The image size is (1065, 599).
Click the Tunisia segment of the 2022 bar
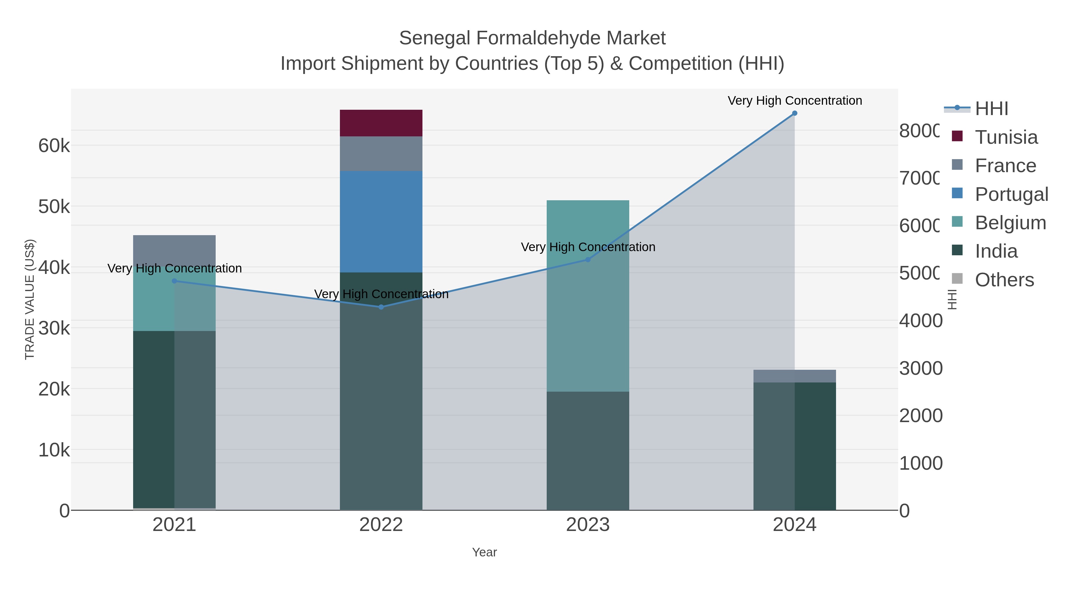[381, 123]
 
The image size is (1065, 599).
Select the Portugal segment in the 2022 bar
[381, 221]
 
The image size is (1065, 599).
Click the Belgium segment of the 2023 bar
[588, 296]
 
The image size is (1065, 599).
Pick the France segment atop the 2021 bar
[174, 250]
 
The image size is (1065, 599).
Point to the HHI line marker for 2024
[794, 113]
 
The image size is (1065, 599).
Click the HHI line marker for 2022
[381, 307]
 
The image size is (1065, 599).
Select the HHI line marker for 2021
[174, 281]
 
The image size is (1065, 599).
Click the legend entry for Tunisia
[1006, 137]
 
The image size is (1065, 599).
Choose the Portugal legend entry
[1011, 194]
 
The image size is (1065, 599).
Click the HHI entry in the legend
[991, 109]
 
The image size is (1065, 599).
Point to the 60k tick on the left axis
[54, 146]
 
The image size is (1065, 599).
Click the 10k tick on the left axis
[54, 450]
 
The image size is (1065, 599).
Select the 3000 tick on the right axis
[921, 368]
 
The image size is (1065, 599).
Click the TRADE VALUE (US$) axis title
[30, 299]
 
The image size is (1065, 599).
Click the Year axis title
[484, 552]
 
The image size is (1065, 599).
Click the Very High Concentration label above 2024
[794, 101]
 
